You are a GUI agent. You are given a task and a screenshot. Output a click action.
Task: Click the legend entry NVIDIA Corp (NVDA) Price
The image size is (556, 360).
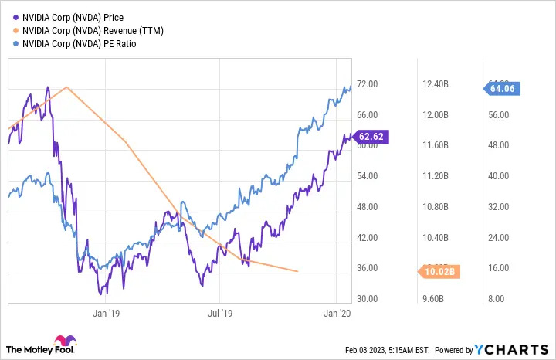(x=73, y=17)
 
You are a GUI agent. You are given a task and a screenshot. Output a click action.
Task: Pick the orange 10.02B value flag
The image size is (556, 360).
(x=440, y=271)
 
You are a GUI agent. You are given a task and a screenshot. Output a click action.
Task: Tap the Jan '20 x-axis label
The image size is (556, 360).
(x=336, y=313)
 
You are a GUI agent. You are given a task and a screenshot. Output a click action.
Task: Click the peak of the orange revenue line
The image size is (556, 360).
(x=67, y=87)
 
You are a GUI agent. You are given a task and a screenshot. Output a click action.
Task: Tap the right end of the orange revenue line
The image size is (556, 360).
(x=298, y=271)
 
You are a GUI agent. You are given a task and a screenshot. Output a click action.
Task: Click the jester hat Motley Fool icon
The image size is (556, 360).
(x=62, y=343)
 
